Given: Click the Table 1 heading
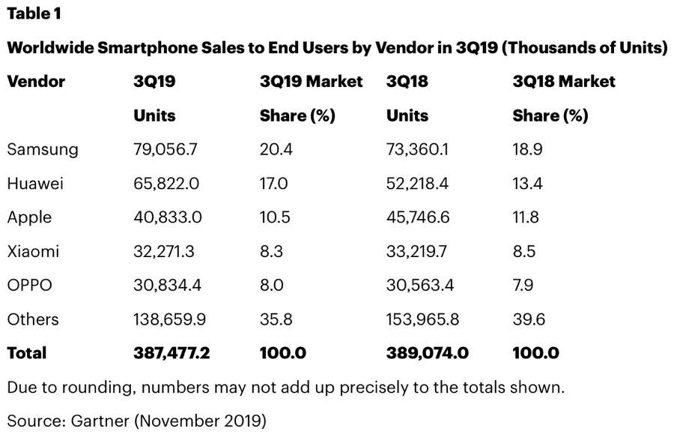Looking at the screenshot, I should [x=34, y=14].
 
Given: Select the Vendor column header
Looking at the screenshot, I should [x=36, y=81].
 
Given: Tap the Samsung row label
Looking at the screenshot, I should [x=43, y=149].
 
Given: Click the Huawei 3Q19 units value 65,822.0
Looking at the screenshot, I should [x=165, y=184].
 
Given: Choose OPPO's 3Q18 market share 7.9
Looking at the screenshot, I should [x=526, y=286].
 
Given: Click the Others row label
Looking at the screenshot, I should [x=33, y=319].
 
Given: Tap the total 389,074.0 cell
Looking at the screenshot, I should [x=427, y=353].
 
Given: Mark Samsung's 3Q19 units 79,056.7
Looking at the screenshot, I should [x=165, y=149].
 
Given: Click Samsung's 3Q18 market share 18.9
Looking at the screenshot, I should [x=527, y=149].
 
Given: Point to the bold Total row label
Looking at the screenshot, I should [x=26, y=353].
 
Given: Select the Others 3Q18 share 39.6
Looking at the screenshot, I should [x=529, y=319].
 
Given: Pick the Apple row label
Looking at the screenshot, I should [x=29, y=217].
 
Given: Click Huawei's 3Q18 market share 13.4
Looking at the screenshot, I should [x=527, y=184].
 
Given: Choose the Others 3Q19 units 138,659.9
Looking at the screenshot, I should [x=169, y=319].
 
